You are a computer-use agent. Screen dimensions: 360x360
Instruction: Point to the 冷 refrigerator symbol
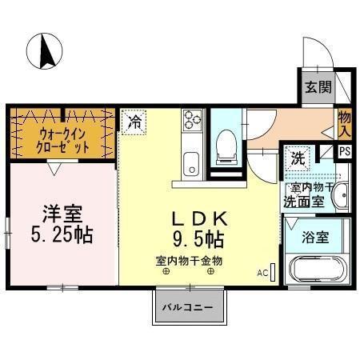135,122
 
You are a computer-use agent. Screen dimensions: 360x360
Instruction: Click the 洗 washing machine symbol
298,158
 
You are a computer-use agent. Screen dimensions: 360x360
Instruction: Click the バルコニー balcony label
185,306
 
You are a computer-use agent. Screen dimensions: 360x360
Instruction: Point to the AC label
262,273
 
